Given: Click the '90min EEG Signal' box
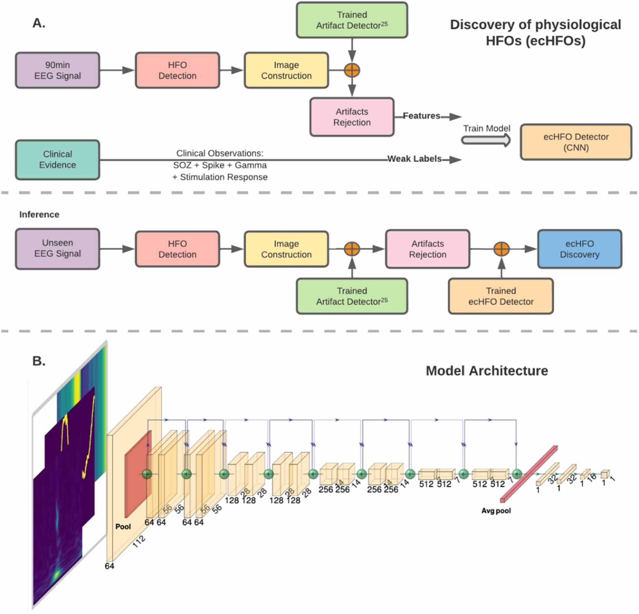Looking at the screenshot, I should coord(57,70).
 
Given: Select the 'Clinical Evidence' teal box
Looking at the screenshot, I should coord(57,160).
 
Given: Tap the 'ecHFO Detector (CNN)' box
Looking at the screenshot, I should coord(576,142).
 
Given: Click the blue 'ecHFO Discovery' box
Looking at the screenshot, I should coord(579,249).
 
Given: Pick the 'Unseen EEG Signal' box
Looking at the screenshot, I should coord(57,248).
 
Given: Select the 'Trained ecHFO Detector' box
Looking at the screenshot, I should coord(500,296).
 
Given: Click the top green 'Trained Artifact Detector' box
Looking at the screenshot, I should coord(352,20).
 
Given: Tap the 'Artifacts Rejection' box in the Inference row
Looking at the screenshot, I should coord(427,249).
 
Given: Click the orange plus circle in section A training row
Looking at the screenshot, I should coord(352,70).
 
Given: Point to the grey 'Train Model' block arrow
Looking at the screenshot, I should coord(486,140).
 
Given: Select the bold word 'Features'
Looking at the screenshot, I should coord(421,116).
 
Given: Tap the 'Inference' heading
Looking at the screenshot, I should coord(39,214).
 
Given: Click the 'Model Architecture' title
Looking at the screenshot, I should coord(486,371).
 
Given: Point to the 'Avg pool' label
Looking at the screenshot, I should coord(496,511).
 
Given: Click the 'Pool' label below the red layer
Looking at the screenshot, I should coord(123,527).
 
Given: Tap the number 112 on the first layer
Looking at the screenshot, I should coord(139,541).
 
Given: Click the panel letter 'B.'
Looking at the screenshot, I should coord(39,361).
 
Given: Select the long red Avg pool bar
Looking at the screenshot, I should coord(529,474).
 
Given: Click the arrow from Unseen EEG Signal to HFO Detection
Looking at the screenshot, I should coord(117,249).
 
